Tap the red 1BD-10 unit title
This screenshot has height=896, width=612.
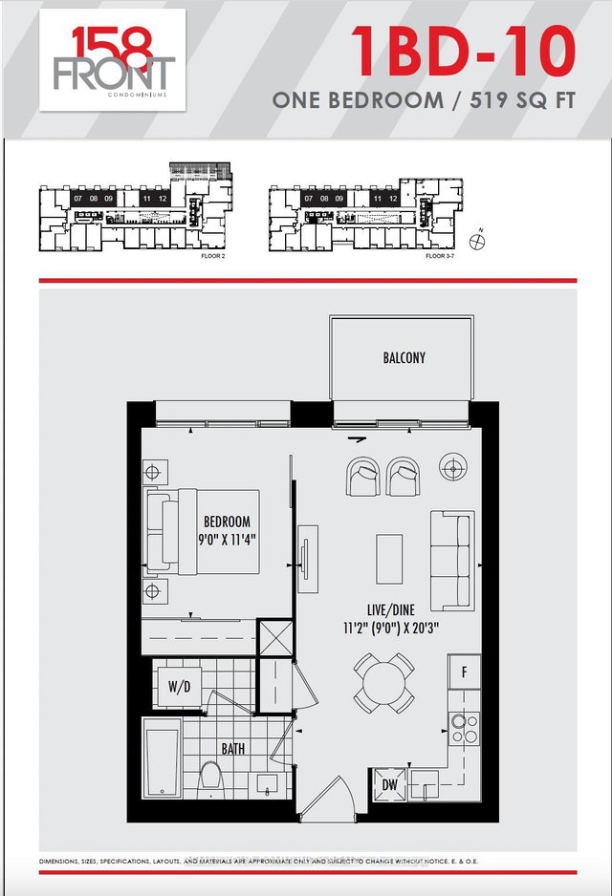(462, 52)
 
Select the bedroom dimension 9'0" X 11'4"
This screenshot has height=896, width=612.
(228, 539)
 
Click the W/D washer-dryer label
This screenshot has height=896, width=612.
(179, 686)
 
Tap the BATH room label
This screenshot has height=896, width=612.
(232, 749)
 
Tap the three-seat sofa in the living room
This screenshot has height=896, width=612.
(451, 560)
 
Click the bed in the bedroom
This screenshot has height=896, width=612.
(203, 532)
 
